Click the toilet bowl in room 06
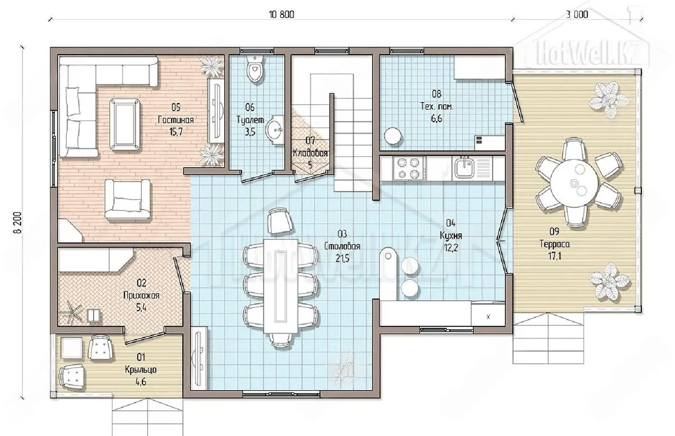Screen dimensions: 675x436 [x=255, y=69]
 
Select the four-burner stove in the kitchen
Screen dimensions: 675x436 [x=408, y=168]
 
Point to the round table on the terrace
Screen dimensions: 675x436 [x=574, y=183]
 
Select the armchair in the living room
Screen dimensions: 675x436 [x=128, y=200]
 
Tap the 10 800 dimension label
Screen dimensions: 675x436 [x=282, y=14]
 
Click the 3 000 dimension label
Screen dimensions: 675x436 [x=577, y=14]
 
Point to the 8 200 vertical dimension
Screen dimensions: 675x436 [x=18, y=222]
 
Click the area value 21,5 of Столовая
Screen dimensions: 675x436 [x=343, y=258]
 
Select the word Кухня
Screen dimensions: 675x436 [x=451, y=235]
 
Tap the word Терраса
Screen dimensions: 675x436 [x=554, y=244]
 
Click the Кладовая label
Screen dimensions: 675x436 [x=310, y=153]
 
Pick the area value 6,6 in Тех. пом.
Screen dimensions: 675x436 [x=436, y=118]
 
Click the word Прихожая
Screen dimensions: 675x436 [x=141, y=295]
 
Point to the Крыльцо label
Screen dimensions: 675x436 [x=141, y=370]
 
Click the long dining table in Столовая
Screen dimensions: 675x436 [x=281, y=286]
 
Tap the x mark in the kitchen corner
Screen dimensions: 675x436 [x=488, y=317]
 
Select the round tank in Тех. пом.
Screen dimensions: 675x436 [x=393, y=136]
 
